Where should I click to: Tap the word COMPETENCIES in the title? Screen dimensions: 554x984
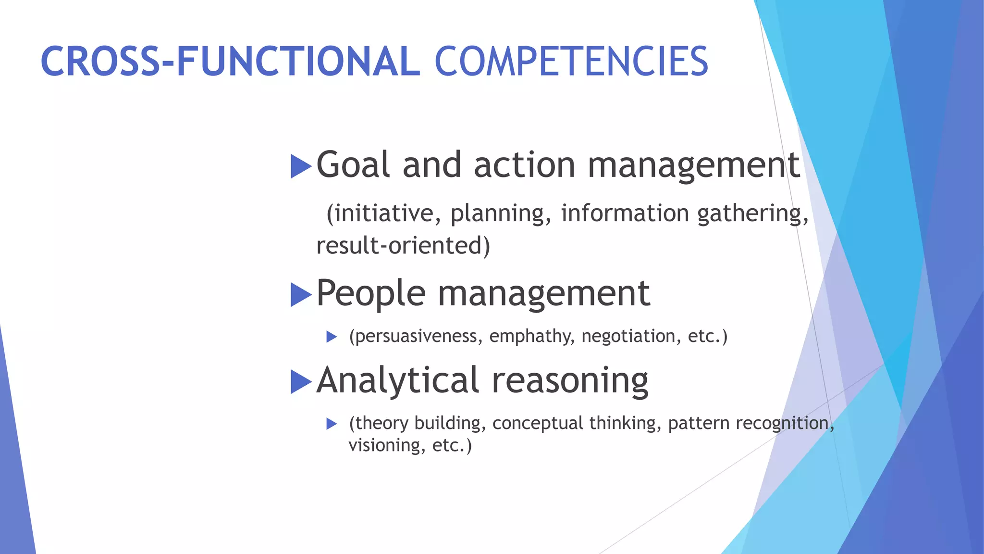pyautogui.click(x=571, y=62)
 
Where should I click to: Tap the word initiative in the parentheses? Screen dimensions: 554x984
pyautogui.click(x=383, y=213)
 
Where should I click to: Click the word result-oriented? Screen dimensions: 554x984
pyautogui.click(x=403, y=245)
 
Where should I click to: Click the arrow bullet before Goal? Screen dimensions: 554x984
pyautogui.click(x=301, y=166)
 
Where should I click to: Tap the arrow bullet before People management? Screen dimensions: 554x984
pyautogui.click(x=301, y=294)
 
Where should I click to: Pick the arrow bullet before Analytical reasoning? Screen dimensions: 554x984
pyautogui.click(x=301, y=382)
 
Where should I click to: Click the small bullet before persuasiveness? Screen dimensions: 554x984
pyautogui.click(x=332, y=337)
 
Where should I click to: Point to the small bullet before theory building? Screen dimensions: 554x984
pyautogui.click(x=332, y=424)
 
